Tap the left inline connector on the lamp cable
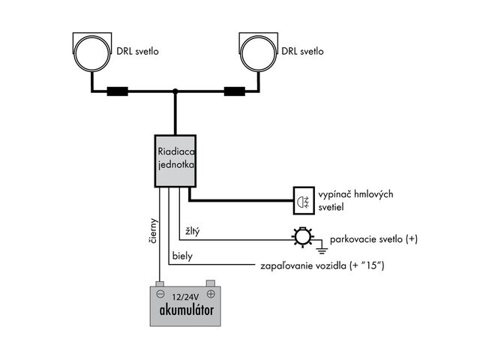[x=117, y=91]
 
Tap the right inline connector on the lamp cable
[x=235, y=91]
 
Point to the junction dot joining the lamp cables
[x=175, y=91]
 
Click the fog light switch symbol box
[x=304, y=200]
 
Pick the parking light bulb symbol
[x=303, y=236]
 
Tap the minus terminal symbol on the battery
[x=160, y=294]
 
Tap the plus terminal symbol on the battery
[x=211, y=294]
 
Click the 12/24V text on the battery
[x=185, y=297]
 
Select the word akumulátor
[x=187, y=310]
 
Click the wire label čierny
[x=153, y=231]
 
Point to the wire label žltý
[x=192, y=231]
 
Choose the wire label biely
[x=182, y=256]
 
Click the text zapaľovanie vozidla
[x=304, y=265]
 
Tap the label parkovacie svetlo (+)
[x=373, y=239]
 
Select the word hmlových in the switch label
[x=373, y=194]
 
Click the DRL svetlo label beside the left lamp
[x=137, y=51]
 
